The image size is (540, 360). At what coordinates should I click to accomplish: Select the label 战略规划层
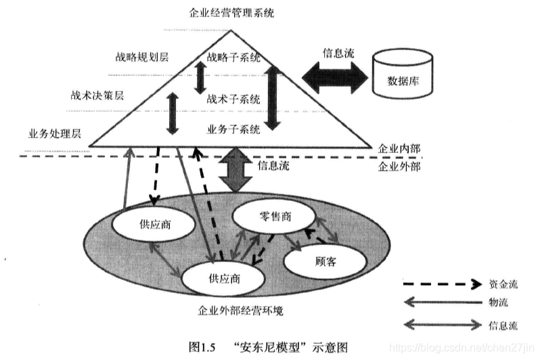(139, 56)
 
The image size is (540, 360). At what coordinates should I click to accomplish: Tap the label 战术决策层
(99, 95)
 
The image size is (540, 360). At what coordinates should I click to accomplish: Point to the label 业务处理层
(54, 133)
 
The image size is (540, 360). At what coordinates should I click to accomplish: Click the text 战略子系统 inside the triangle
(233, 58)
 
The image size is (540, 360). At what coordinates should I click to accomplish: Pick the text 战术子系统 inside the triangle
(233, 99)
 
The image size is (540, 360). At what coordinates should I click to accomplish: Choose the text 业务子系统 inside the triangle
(233, 129)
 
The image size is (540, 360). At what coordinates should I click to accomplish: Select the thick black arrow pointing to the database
(331, 74)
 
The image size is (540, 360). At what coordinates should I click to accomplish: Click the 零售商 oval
(275, 217)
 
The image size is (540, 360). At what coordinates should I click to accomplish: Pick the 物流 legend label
(497, 302)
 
